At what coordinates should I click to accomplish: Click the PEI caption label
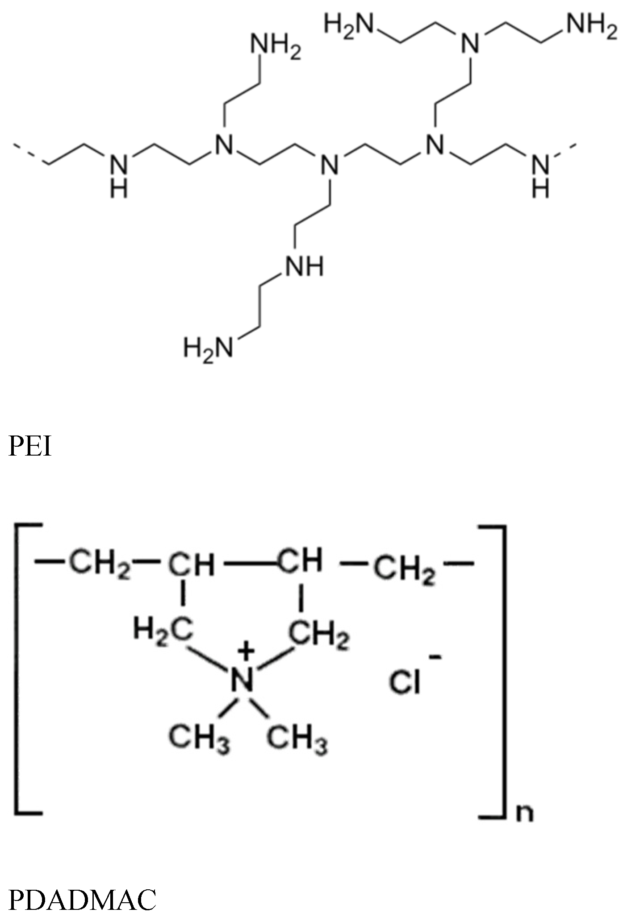pos(30,447)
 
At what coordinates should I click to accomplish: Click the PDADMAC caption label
pos(82,900)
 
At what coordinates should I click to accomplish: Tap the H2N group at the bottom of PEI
pos(208,348)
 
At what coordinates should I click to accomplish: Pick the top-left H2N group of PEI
pos(348,24)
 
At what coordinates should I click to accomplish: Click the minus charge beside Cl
pos(435,656)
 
